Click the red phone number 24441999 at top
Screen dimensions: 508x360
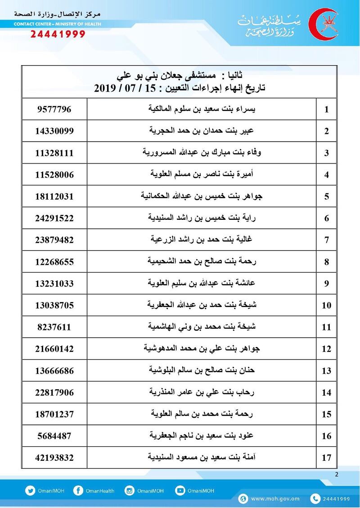click(58, 34)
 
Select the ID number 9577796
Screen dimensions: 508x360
click(54, 109)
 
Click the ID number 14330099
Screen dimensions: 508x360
click(54, 131)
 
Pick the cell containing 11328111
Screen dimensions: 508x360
click(54, 153)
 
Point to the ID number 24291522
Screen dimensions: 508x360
click(54, 218)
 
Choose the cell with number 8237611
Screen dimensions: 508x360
click(54, 327)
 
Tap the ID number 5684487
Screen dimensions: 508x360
click(54, 436)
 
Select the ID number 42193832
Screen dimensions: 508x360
click(54, 458)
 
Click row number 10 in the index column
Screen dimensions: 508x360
click(327, 306)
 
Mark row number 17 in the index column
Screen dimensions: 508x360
click(327, 458)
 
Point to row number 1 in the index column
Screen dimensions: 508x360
click(327, 110)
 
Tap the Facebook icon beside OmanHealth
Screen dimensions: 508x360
click(78, 491)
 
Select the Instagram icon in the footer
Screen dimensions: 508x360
click(130, 491)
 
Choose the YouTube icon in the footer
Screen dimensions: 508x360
click(180, 491)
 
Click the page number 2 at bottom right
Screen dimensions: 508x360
click(337, 475)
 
